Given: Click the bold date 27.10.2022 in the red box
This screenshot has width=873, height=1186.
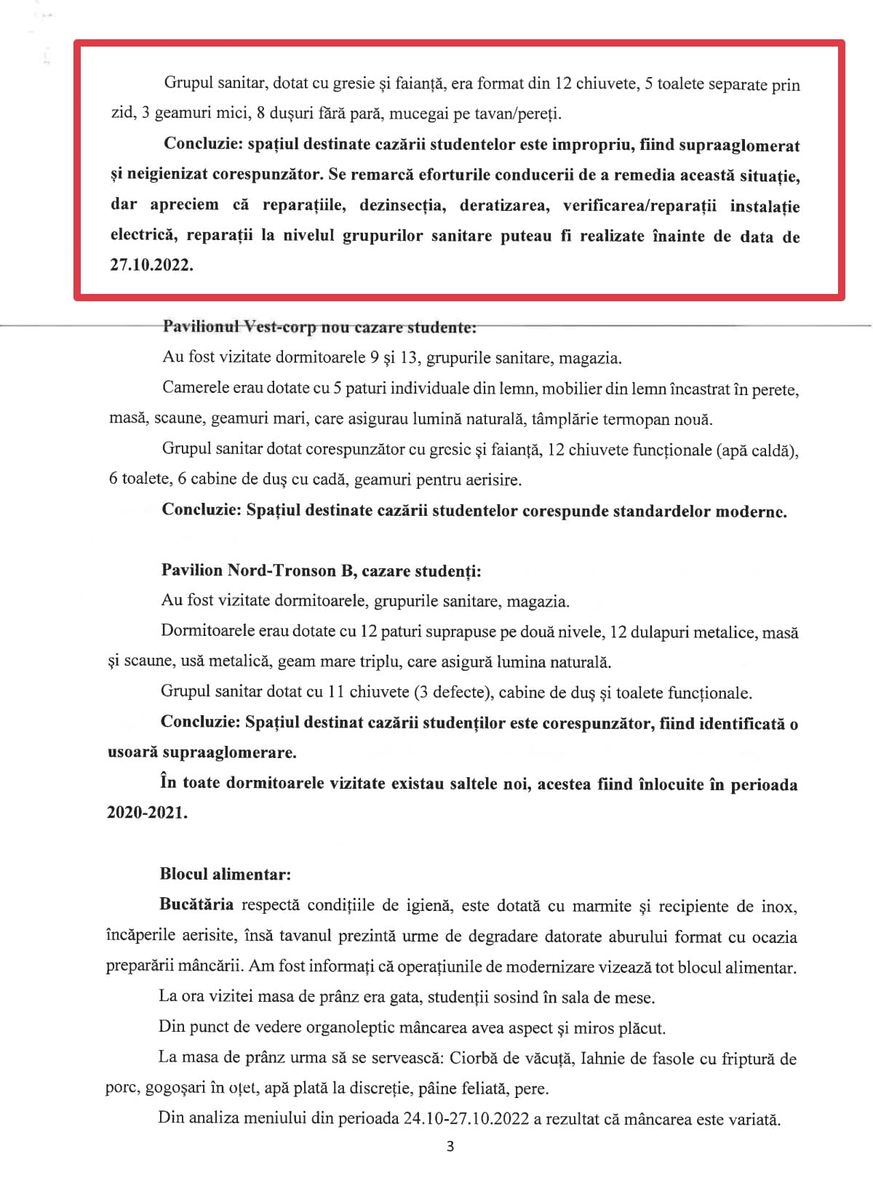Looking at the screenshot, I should coord(151,265).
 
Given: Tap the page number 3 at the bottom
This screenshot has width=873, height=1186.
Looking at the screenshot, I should coord(450,1147).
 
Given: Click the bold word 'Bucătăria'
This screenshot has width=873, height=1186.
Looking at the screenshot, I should coord(196,904).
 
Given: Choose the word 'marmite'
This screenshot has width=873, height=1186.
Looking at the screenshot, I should coord(602,906).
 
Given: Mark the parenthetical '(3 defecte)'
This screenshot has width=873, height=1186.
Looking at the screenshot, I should coord(452,692).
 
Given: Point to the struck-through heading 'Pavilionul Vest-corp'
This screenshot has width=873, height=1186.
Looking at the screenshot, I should coord(239,327).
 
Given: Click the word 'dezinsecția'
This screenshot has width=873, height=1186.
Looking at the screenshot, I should coord(401,205).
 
